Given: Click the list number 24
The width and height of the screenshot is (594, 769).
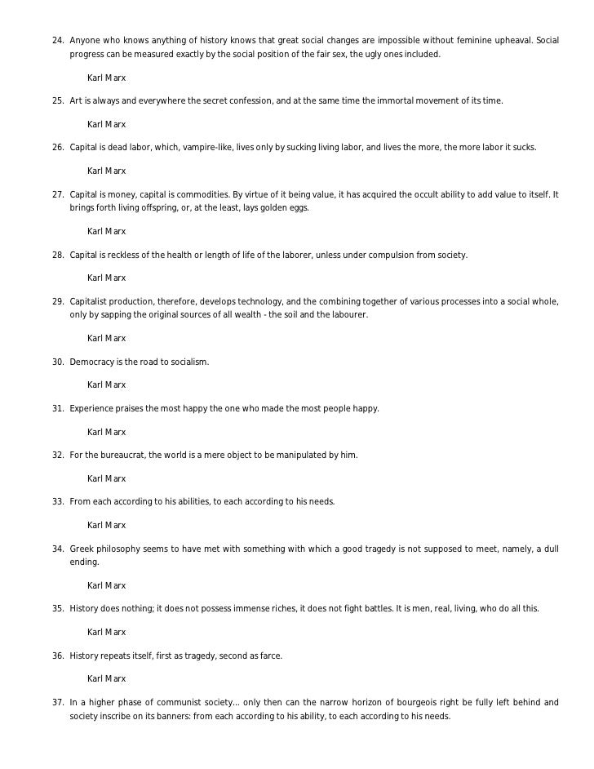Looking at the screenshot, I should tap(57, 40).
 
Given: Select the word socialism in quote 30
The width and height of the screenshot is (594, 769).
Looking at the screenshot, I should tap(187, 361).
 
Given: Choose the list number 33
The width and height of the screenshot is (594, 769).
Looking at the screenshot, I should tap(57, 500).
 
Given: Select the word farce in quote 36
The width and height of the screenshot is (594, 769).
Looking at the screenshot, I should tap(269, 655).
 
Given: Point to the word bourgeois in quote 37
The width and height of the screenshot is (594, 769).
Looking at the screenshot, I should tap(436, 701).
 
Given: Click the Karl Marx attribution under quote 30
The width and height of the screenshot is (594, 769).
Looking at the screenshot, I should tap(106, 384).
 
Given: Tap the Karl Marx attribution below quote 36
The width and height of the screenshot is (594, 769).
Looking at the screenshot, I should tap(106, 678).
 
